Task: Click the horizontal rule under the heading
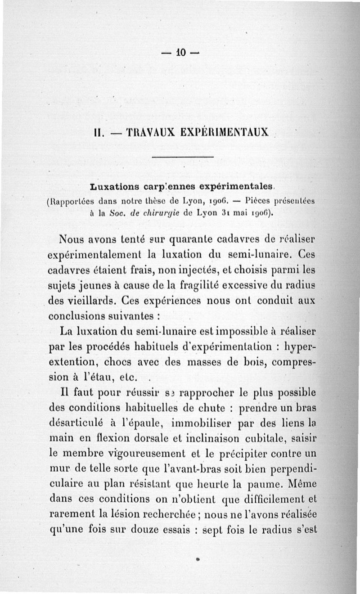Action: (x=182, y=157)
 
